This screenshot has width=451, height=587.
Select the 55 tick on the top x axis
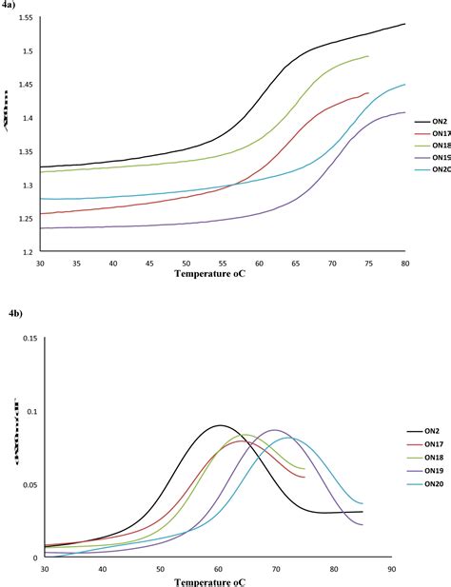click(x=223, y=264)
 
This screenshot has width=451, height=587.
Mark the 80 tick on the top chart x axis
click(x=405, y=264)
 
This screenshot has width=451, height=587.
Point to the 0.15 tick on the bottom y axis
click(x=26, y=338)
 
